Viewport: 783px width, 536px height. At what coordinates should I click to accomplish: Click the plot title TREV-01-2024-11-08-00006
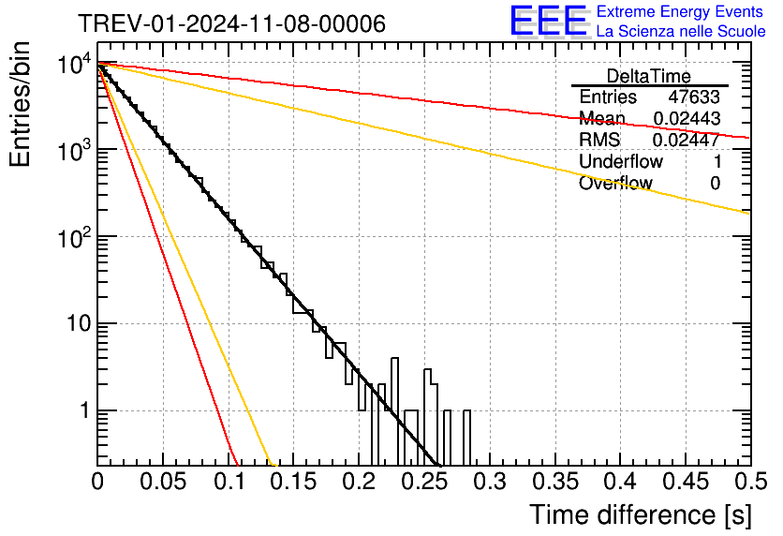pos(231,23)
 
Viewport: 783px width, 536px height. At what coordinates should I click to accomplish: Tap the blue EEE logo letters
pos(549,21)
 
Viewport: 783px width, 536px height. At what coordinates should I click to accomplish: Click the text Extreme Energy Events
pos(680,11)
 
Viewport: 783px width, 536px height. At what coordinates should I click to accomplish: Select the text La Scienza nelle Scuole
pos(681,31)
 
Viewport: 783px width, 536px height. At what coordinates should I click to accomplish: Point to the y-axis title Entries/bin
pos(20,104)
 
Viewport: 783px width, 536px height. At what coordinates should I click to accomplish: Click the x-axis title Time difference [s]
pos(641,514)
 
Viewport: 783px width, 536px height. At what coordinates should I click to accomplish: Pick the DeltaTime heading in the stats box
pos(649,77)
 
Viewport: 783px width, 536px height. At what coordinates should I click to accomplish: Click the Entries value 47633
pos(694,97)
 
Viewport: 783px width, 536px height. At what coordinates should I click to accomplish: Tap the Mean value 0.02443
pos(687,118)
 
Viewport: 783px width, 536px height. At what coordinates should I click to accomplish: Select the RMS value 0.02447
pos(687,140)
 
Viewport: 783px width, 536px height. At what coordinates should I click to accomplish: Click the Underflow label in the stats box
pos(621,161)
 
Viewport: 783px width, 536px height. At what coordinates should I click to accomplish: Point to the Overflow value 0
pos(715,184)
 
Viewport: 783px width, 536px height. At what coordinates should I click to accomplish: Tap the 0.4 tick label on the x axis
pos(620,482)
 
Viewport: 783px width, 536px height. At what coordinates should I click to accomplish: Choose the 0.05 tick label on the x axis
pos(163,482)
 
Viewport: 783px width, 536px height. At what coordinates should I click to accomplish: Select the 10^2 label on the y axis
pos(74,237)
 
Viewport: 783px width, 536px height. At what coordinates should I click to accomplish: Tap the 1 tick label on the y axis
pos(84,410)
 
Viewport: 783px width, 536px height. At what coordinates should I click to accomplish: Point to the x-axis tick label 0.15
pos(295,482)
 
